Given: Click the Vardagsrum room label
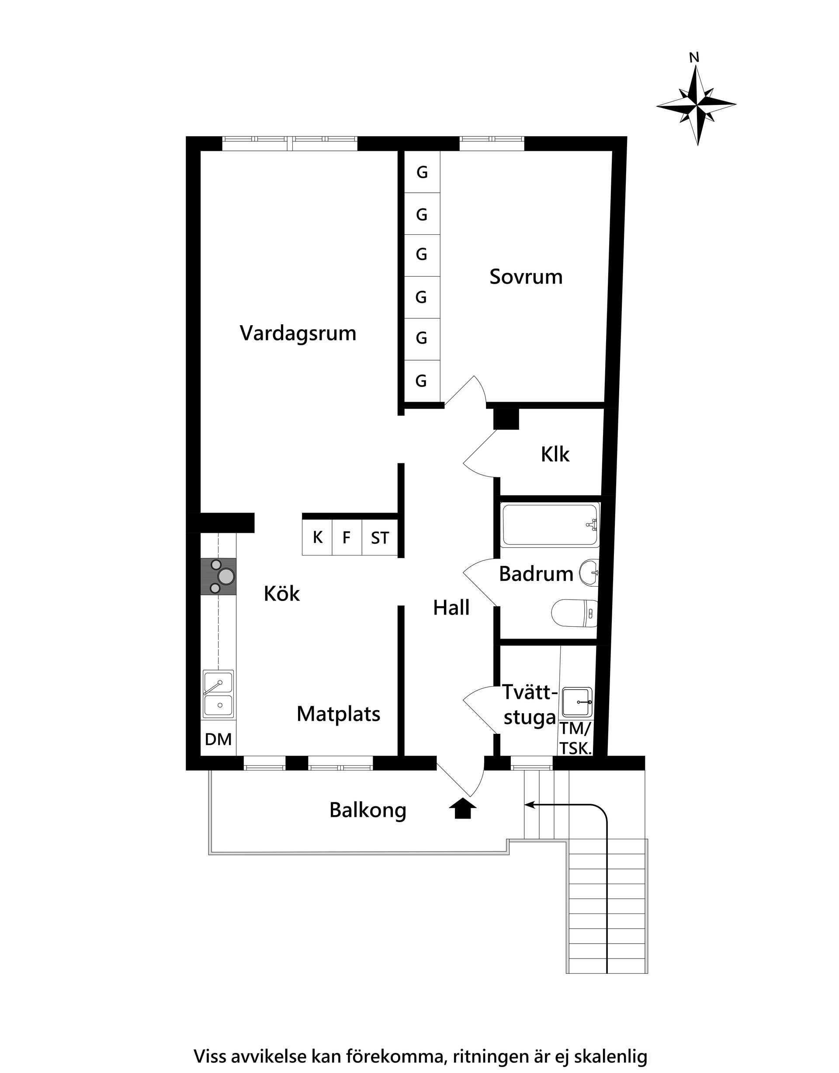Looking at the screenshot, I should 298,333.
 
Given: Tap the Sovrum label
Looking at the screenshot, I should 526,277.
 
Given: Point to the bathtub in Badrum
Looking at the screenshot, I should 550,525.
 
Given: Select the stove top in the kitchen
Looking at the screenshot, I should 218,577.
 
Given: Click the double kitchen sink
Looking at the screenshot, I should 218,694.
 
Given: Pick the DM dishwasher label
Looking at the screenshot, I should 218,740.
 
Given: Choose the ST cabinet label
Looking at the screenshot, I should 380,538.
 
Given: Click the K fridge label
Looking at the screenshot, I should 317,538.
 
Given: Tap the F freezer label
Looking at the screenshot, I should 347,538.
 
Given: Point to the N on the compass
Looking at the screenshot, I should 694,58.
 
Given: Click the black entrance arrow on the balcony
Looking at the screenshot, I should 463,809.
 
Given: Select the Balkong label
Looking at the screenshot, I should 367,811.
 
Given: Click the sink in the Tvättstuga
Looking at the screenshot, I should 577,702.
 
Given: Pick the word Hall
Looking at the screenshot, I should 451,608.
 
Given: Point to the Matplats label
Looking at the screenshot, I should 339,714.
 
